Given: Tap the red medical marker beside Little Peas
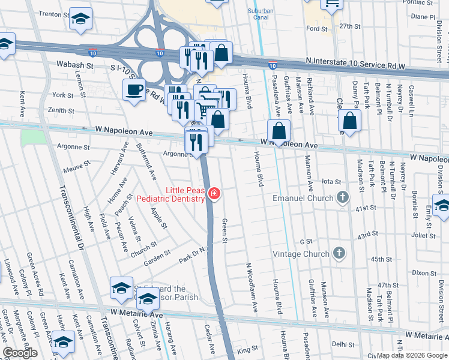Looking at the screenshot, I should point(214,193).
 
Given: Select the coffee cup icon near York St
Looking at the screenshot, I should point(133,90).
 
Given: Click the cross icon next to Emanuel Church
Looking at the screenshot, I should point(342,197).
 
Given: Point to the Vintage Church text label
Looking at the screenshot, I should point(301,254).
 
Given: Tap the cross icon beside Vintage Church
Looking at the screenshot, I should point(339,253).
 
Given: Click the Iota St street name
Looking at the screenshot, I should point(331,181).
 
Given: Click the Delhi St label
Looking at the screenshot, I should point(343,344).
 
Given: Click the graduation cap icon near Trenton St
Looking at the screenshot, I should point(80,19).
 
